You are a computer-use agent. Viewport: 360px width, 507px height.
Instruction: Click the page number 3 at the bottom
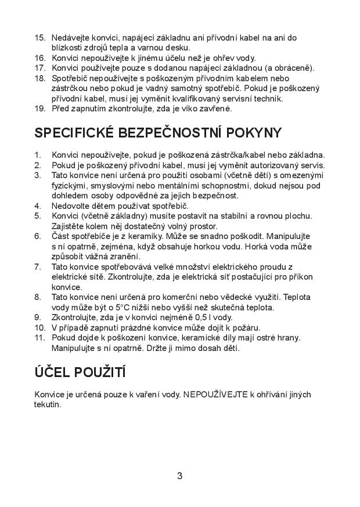(x=179, y=476)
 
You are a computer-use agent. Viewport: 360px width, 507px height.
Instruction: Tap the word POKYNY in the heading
(x=255, y=133)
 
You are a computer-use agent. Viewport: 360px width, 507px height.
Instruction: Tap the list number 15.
(x=39, y=38)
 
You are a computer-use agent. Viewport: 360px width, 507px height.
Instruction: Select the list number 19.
(x=39, y=108)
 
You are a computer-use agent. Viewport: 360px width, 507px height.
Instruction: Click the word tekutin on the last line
(x=47, y=404)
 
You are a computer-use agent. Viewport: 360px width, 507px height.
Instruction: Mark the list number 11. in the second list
(x=39, y=338)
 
